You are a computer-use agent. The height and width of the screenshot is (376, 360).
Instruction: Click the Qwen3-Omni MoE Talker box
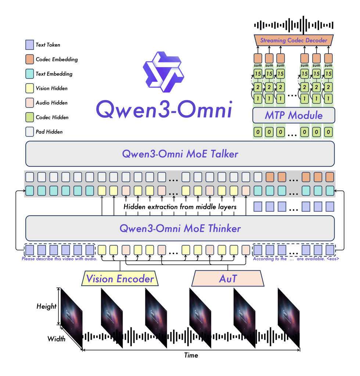180,154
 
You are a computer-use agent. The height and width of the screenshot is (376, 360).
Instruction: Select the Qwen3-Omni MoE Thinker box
180,228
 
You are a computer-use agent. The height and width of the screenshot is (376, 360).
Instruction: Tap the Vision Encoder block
120,279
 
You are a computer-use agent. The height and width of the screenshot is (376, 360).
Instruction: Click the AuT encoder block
228,279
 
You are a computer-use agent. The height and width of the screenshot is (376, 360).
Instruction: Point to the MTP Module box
294,115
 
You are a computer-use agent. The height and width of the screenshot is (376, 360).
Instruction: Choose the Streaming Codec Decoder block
294,40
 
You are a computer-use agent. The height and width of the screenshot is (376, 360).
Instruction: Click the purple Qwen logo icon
163,72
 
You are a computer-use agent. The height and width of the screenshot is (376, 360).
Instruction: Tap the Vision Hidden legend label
51,88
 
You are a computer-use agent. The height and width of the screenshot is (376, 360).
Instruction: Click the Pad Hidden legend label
49,132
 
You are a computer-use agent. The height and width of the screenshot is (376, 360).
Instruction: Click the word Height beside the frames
47,306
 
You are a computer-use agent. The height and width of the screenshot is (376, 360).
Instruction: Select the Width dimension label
56,339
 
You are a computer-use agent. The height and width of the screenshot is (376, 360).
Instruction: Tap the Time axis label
191,355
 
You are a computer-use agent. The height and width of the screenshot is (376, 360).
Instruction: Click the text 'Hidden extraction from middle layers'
180,207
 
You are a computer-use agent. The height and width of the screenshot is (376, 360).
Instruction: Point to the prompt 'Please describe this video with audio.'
60,258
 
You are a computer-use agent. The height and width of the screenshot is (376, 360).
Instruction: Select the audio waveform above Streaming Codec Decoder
294,25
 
